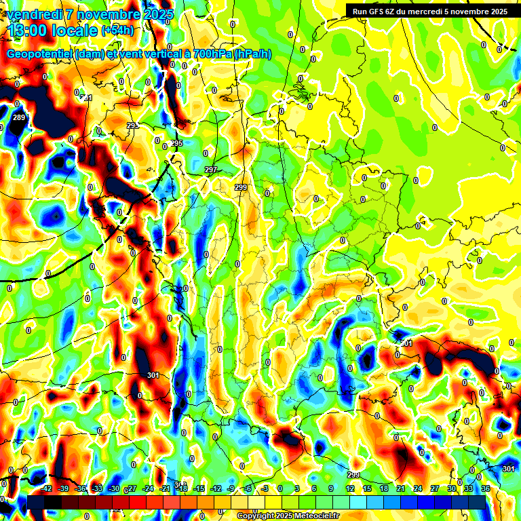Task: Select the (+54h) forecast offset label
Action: pos(117,30)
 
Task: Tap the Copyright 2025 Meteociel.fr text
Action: pos(289,516)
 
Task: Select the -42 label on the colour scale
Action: pos(47,488)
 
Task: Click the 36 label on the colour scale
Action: pos(485,488)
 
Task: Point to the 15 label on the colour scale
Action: pos(367,488)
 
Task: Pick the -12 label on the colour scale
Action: pos(216,488)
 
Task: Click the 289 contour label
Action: pos(19,118)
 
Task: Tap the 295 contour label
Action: pos(177,143)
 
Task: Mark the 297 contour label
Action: pos(210,170)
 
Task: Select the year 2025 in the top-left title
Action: pos(157,14)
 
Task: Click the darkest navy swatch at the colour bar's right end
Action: pos(477,502)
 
